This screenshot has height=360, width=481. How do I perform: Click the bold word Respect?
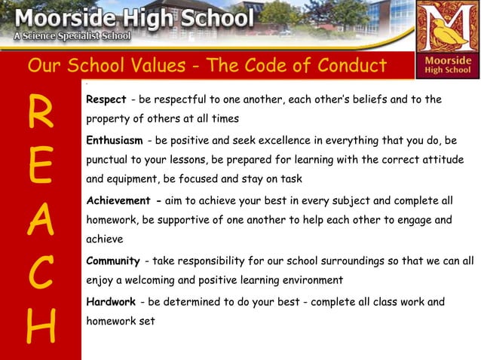[x=106, y=100]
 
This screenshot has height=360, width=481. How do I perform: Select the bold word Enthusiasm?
[x=115, y=142]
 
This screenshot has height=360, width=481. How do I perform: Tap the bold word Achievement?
[x=118, y=201]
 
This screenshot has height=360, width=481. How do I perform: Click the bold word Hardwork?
[x=111, y=302]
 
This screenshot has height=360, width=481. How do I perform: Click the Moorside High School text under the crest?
[x=447, y=66]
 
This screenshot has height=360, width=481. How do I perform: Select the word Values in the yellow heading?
[x=150, y=66]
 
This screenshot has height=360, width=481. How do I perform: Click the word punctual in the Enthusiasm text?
[x=110, y=161]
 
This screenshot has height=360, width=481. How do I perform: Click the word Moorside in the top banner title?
[x=57, y=16]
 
